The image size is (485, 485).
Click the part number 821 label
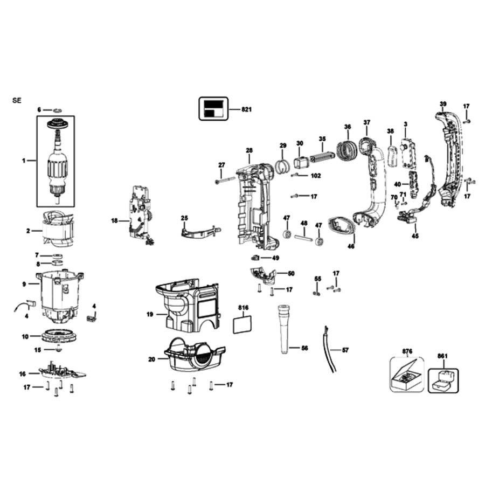246,109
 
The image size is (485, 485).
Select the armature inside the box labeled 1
57,161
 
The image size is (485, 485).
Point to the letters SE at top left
17,101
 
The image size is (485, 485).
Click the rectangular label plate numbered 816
242,324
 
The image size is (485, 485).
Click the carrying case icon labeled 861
443,381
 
